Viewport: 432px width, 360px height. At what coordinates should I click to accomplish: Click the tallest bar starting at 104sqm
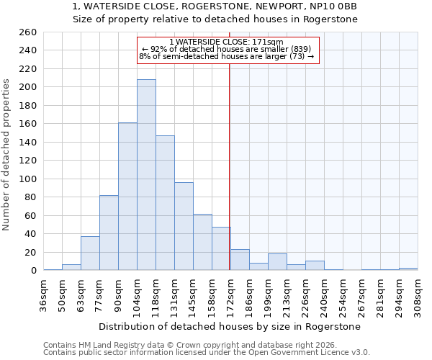(146, 175)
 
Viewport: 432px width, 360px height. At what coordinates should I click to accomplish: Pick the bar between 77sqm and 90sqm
(109, 233)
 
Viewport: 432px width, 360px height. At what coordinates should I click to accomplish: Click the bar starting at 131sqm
(184, 226)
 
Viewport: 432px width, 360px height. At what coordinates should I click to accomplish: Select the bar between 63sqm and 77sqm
(90, 253)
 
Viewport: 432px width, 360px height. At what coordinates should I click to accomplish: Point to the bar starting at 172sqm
(240, 260)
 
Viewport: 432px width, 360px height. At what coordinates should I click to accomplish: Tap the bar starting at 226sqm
(315, 266)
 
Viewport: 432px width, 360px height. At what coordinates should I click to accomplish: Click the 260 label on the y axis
(28, 32)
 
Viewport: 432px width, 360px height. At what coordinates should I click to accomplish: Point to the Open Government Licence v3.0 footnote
(207, 352)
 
